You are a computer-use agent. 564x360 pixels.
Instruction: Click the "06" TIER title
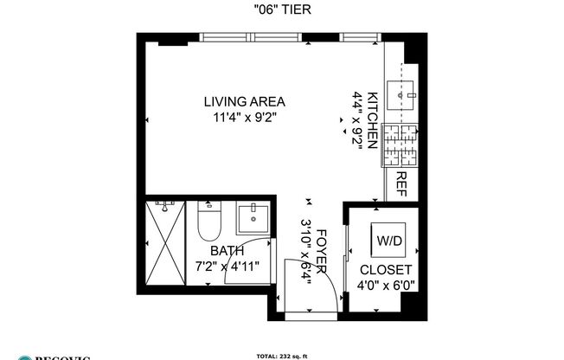283,10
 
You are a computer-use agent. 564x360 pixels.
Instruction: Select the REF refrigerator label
401,183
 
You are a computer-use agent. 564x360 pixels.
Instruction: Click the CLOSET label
386,270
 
